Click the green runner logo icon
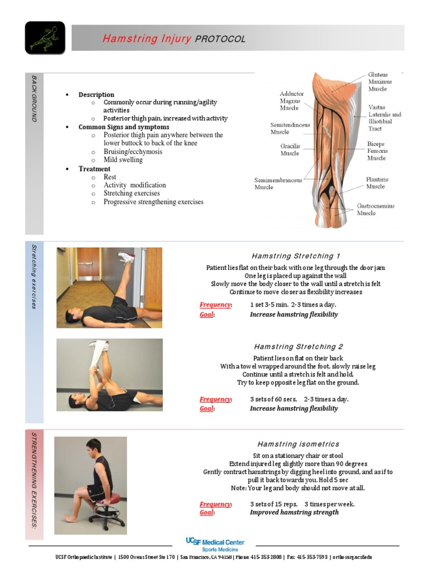click(45, 38)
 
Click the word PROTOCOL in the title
click(220, 39)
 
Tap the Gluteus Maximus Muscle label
click(378, 81)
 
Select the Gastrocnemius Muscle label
click(375, 209)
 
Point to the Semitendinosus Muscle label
click(290, 128)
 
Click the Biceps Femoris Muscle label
click(377, 151)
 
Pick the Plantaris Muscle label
click(377, 183)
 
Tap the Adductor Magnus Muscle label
click(291, 101)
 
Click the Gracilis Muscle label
click(290, 149)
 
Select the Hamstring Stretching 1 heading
click(295, 256)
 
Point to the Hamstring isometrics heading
click(298, 444)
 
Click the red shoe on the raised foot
click(127, 257)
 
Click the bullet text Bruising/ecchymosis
click(133, 152)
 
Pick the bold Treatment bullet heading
click(94, 168)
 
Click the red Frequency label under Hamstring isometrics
click(215, 504)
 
